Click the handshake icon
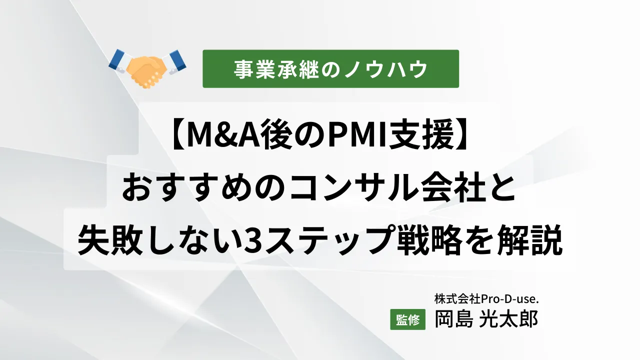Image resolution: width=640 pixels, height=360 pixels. click(147, 68)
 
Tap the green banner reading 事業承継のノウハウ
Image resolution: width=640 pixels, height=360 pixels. click(330, 69)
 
